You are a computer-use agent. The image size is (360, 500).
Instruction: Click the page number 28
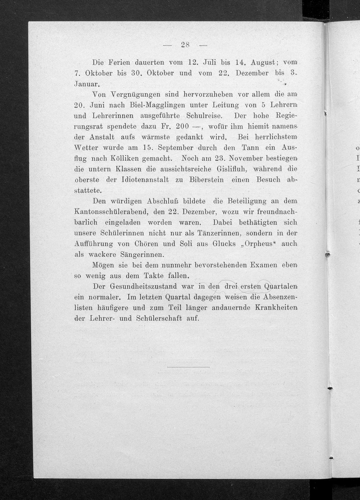tap(185, 45)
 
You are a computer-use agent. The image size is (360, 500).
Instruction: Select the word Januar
tap(87, 84)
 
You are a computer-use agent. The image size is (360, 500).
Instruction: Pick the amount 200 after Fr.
tap(182, 127)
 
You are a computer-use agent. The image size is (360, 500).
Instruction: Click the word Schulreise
tap(204, 116)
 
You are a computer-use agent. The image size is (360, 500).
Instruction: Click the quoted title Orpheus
tap(258, 244)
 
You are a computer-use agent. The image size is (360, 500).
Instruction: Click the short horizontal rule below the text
tap(188, 367)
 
